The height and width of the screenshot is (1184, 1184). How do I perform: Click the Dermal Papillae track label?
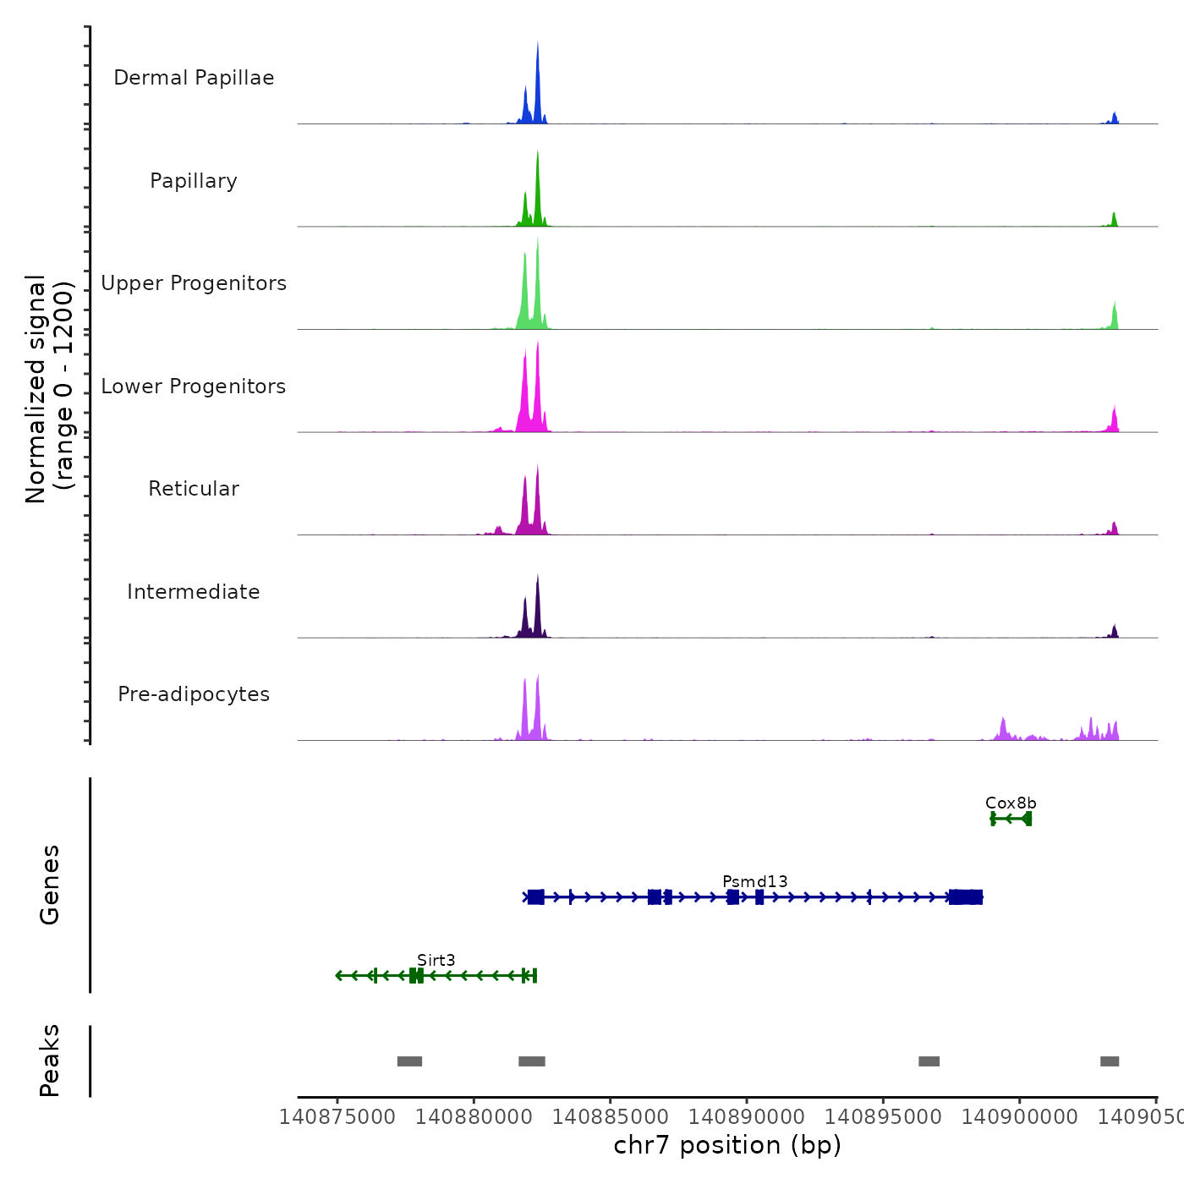click(x=194, y=78)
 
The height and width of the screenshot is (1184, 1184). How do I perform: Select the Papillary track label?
click(x=194, y=181)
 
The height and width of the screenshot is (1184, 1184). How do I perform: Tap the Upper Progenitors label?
click(x=194, y=283)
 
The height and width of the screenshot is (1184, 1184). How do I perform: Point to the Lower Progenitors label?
click(x=194, y=386)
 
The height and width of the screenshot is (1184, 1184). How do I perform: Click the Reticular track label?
click(x=194, y=489)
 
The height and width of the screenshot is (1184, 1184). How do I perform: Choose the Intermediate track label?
click(x=194, y=592)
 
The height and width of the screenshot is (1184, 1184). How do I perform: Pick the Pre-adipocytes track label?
click(x=194, y=694)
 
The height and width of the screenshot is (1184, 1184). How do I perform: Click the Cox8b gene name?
click(x=1011, y=803)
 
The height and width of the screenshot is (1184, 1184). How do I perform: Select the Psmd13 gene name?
click(x=755, y=881)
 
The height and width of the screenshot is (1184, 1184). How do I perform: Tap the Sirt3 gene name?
click(x=436, y=960)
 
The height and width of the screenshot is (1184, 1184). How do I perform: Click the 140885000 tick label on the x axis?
click(x=610, y=1117)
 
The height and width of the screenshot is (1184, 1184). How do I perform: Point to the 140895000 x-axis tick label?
click(x=883, y=1117)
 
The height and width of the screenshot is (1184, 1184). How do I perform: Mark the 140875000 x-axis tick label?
click(x=337, y=1117)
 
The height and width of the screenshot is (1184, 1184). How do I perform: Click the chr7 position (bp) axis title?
click(x=727, y=1145)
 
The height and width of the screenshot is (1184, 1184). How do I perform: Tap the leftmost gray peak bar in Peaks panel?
click(x=409, y=1061)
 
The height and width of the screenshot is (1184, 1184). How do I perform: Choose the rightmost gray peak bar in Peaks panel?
click(x=1110, y=1061)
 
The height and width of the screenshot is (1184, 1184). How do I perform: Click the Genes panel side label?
click(x=50, y=885)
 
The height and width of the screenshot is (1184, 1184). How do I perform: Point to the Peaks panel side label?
click(x=50, y=1061)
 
